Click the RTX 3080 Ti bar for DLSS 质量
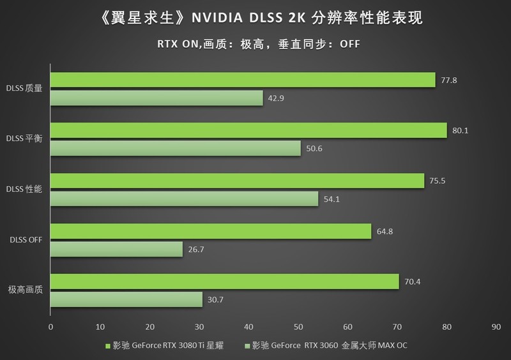(243, 80)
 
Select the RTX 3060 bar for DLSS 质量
(156, 98)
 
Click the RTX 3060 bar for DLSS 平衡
(176, 149)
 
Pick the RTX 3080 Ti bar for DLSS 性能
(237, 181)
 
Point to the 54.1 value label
(332, 199)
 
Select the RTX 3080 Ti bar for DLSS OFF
(211, 231)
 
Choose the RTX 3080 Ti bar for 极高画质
(224, 281)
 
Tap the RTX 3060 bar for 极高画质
(126, 300)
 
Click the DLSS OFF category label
(25, 240)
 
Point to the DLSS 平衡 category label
(24, 139)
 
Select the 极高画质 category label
(26, 290)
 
